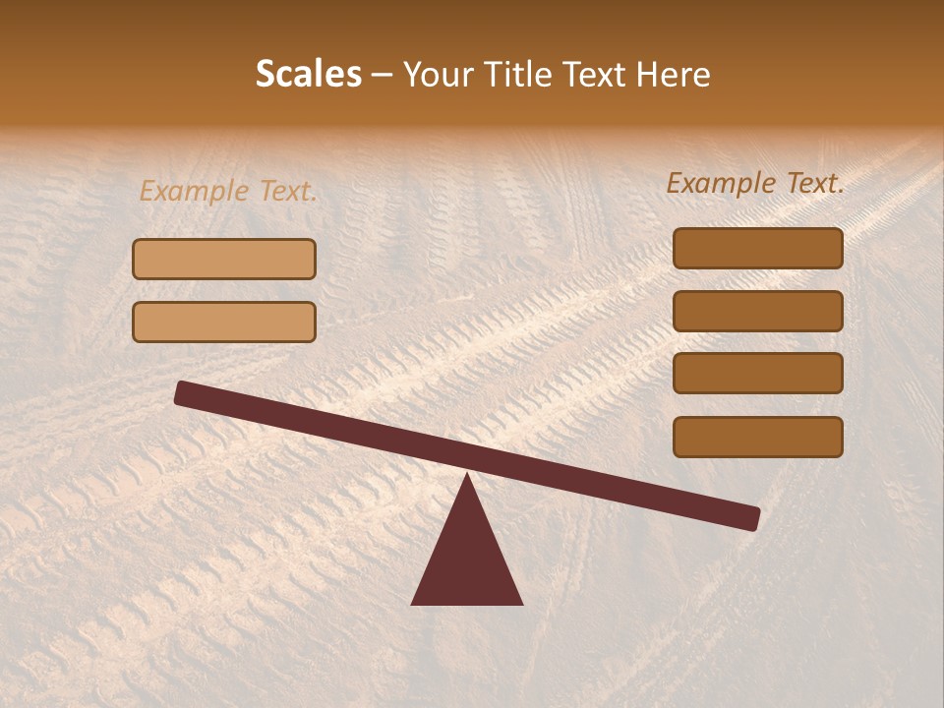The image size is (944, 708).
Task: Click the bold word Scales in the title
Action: point(308,75)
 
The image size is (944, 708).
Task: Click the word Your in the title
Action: point(439,75)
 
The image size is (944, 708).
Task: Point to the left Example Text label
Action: point(228,191)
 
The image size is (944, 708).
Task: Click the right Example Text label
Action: point(755,183)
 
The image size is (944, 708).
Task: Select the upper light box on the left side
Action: point(224,259)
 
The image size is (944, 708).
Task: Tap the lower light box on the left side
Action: point(224,322)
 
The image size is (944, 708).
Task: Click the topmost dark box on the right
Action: point(758,248)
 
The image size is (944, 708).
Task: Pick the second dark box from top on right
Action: point(758,311)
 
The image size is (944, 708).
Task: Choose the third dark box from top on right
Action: point(758,374)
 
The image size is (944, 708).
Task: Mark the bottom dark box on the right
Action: point(758,437)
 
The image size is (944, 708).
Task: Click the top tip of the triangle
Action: point(467,477)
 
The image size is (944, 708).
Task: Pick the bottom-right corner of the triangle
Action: point(521,603)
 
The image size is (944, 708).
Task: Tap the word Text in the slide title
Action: point(594,75)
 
